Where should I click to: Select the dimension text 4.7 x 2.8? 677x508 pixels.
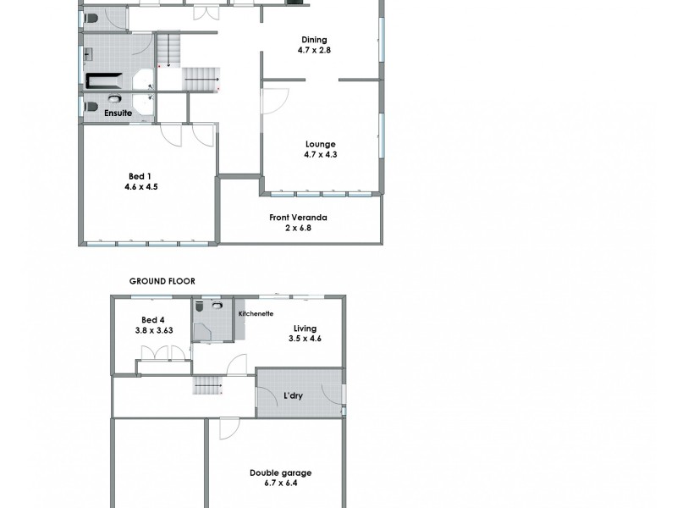coord(315,51)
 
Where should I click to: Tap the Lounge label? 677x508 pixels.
coord(321,144)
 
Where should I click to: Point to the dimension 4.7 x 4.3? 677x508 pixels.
coord(321,155)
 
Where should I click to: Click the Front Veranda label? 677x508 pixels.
coord(298,218)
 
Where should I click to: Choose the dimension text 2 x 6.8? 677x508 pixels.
coord(298,228)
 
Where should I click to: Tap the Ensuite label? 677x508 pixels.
coord(117,112)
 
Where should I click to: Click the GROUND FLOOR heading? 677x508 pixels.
coord(162,280)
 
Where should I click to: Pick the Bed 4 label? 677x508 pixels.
coord(152,319)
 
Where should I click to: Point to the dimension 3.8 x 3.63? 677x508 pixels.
coord(152,330)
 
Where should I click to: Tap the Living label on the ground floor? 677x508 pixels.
coord(305,329)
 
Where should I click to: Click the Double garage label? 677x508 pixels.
coord(279,472)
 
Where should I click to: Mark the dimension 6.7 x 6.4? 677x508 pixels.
coord(279,483)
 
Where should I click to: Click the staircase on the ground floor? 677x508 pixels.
coord(207,387)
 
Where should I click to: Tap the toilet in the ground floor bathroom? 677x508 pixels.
coord(217,305)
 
